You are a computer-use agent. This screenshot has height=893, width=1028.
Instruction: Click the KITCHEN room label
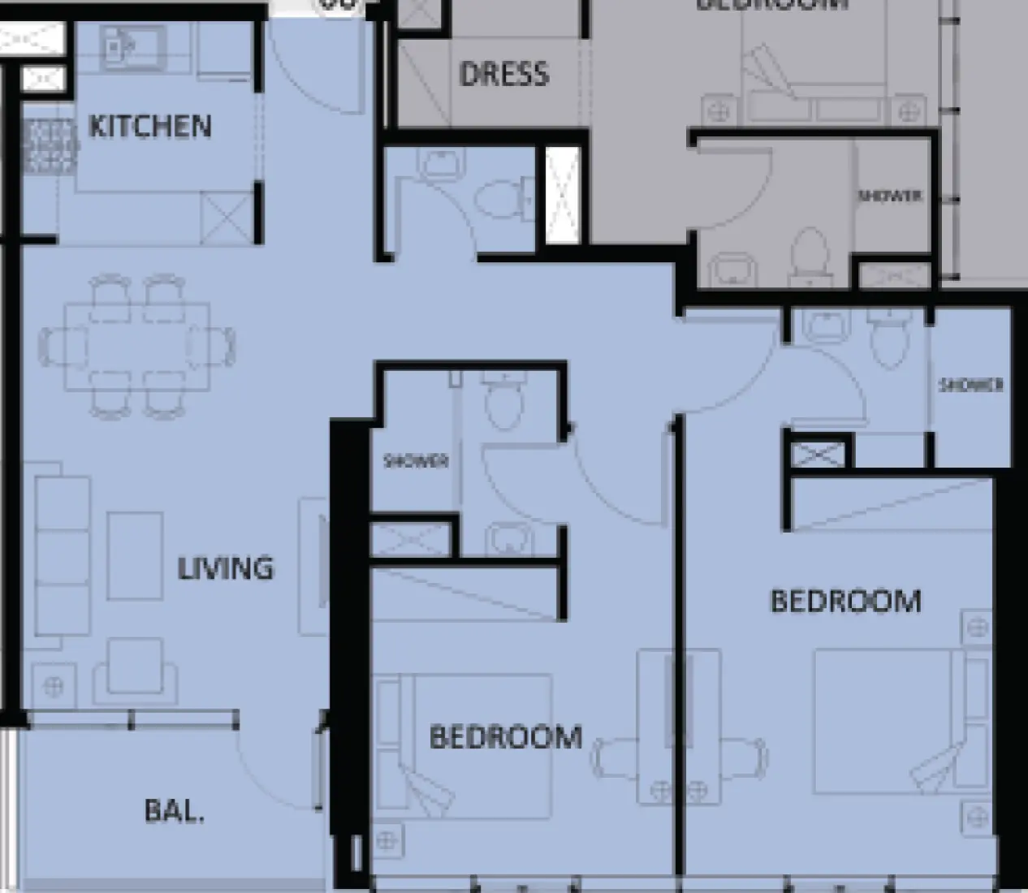[x=149, y=127]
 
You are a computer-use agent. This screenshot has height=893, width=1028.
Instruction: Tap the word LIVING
[x=225, y=567]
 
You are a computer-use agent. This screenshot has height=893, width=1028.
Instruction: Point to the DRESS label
[x=503, y=75]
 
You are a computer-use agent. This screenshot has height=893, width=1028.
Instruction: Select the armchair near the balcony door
[x=129, y=671]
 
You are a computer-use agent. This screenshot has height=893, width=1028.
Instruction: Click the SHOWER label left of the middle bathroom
[x=416, y=461]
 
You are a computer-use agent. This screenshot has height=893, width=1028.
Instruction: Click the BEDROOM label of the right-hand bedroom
[x=845, y=602]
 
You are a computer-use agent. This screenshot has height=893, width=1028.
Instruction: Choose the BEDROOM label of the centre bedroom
[x=505, y=737]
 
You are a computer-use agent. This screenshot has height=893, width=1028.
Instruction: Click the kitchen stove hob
[x=50, y=146]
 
